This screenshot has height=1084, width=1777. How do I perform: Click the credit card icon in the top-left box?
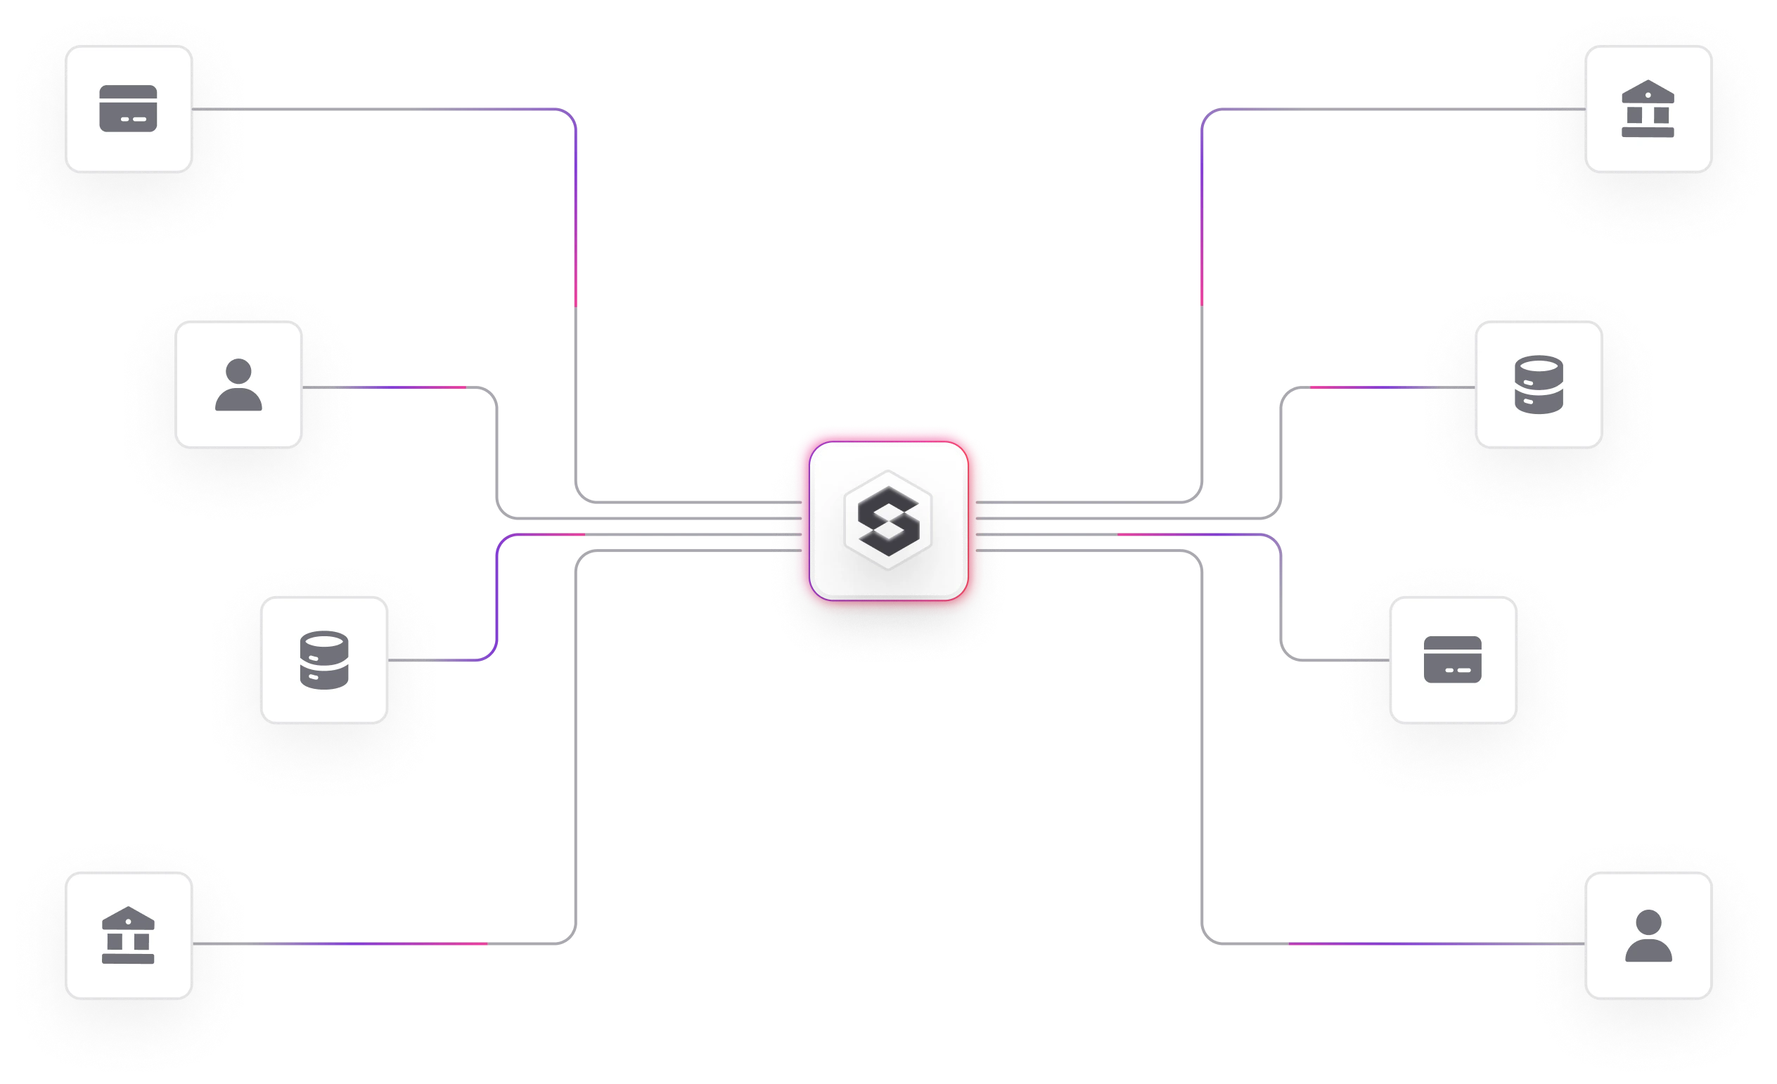point(129,109)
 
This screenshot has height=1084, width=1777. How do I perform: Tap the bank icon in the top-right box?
point(1647,110)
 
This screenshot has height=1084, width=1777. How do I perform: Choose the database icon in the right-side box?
point(1539,385)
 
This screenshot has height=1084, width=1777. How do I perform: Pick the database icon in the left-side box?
point(323,660)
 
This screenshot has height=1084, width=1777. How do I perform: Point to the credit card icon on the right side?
point(1452,659)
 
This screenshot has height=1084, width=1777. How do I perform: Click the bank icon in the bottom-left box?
point(128,935)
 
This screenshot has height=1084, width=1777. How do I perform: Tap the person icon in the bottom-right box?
point(1648,936)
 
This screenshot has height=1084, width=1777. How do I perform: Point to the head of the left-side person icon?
point(238,371)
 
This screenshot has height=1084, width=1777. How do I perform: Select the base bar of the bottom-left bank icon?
point(128,959)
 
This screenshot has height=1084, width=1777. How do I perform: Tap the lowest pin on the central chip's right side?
point(989,550)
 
